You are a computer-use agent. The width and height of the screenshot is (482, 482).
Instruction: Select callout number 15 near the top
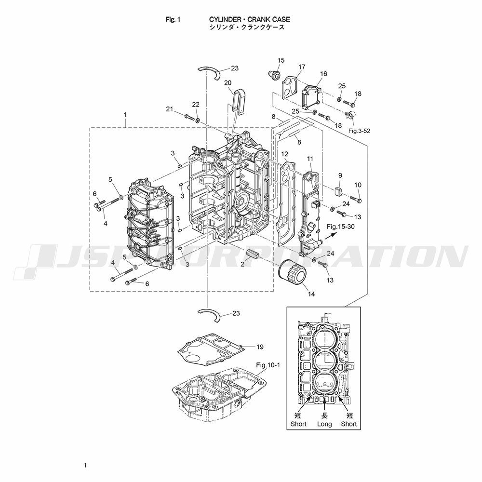point(281,60)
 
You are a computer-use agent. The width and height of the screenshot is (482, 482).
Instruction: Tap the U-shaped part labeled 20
point(239,101)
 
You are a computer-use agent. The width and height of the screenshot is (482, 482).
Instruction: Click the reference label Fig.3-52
point(359,131)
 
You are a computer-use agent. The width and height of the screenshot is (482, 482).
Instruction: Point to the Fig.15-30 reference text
point(341,227)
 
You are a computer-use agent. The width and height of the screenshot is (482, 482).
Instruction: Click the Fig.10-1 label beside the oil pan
point(268,365)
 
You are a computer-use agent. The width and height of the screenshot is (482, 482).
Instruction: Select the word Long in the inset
point(324,424)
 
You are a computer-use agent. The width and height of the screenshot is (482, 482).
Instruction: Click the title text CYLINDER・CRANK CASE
point(249,19)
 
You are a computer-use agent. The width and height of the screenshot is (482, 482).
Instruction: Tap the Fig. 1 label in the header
point(173,19)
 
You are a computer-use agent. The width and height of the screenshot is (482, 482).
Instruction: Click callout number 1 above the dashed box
point(125,115)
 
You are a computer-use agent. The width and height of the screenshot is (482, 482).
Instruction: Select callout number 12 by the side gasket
point(285,154)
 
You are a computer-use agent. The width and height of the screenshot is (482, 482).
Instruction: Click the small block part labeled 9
point(338,191)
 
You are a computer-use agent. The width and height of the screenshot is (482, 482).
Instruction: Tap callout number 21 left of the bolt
point(170,109)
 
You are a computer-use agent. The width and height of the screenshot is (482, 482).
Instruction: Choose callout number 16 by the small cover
point(323,74)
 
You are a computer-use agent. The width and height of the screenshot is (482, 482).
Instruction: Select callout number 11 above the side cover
point(310,159)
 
